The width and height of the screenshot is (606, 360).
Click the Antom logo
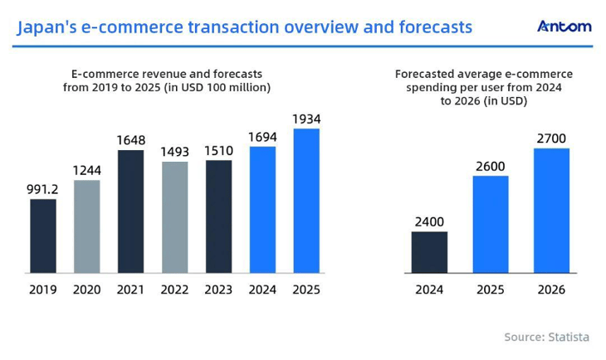(x=564, y=27)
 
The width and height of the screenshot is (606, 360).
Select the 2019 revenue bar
(x=43, y=236)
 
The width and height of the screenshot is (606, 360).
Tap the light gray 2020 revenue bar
(x=87, y=226)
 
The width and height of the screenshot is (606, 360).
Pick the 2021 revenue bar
(x=131, y=212)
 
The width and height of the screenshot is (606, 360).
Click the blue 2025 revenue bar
(x=306, y=201)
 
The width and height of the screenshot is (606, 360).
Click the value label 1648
(x=131, y=139)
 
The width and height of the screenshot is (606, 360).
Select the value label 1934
(x=306, y=118)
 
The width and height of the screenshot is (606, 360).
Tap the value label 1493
(x=175, y=151)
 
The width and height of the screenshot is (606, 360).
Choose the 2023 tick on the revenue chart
(x=219, y=290)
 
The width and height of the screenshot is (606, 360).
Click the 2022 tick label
(x=175, y=290)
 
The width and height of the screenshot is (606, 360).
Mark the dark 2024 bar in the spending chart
(x=429, y=252)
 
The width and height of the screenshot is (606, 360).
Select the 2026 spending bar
(x=551, y=211)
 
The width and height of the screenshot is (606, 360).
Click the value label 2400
(x=429, y=221)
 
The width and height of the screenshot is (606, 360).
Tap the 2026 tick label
(x=551, y=290)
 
